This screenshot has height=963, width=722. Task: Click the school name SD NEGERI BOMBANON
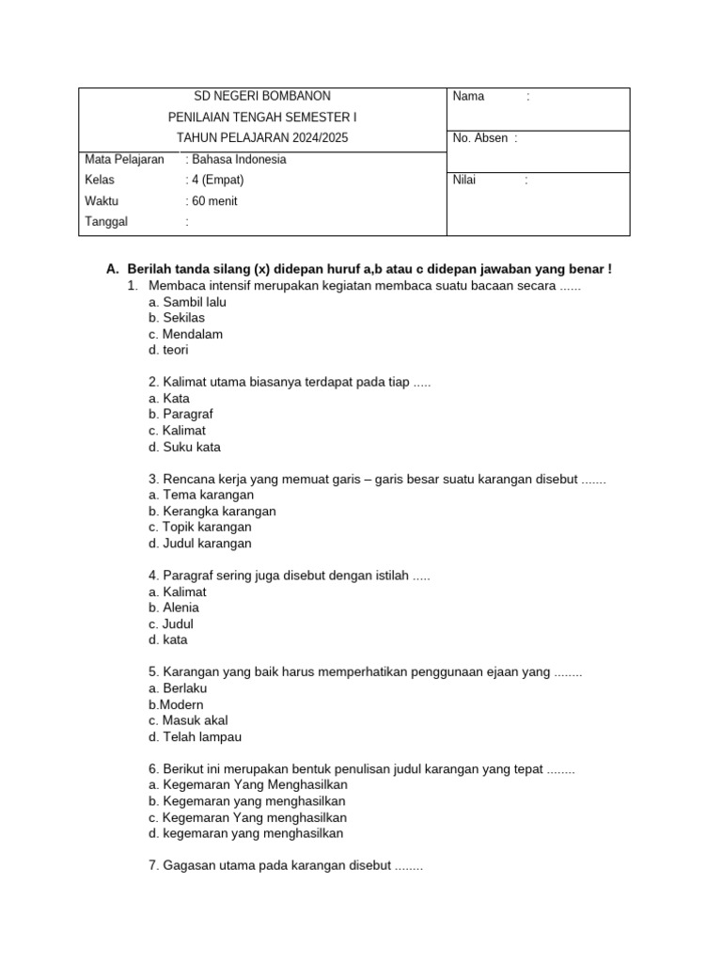(261, 96)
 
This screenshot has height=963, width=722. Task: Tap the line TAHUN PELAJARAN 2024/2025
(261, 138)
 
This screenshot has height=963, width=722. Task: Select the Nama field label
(468, 96)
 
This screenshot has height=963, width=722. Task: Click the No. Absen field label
(480, 138)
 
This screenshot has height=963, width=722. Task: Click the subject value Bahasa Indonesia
(238, 159)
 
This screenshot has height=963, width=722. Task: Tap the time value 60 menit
(213, 200)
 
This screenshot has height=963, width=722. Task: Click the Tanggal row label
(106, 222)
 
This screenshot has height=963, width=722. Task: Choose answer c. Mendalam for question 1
(185, 334)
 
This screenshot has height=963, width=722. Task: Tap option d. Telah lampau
(195, 736)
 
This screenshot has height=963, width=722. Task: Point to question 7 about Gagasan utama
(286, 865)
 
